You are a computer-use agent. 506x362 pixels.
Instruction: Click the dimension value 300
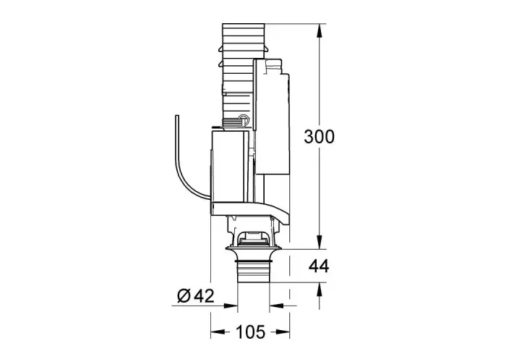click(x=320, y=136)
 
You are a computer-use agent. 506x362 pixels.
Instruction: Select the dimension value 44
click(x=319, y=266)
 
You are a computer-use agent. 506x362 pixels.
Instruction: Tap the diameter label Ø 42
click(x=196, y=295)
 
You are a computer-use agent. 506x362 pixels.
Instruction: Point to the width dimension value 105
click(x=250, y=332)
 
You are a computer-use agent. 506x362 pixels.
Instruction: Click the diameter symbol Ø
click(x=184, y=295)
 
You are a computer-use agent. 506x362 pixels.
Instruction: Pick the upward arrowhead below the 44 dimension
click(x=320, y=290)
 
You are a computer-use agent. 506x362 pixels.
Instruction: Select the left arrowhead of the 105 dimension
click(x=218, y=332)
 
